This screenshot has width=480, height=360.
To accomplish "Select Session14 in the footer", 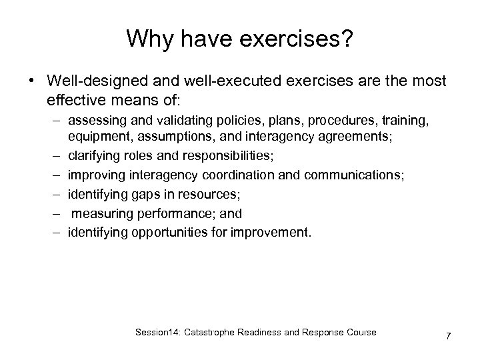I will coord(169,332).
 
